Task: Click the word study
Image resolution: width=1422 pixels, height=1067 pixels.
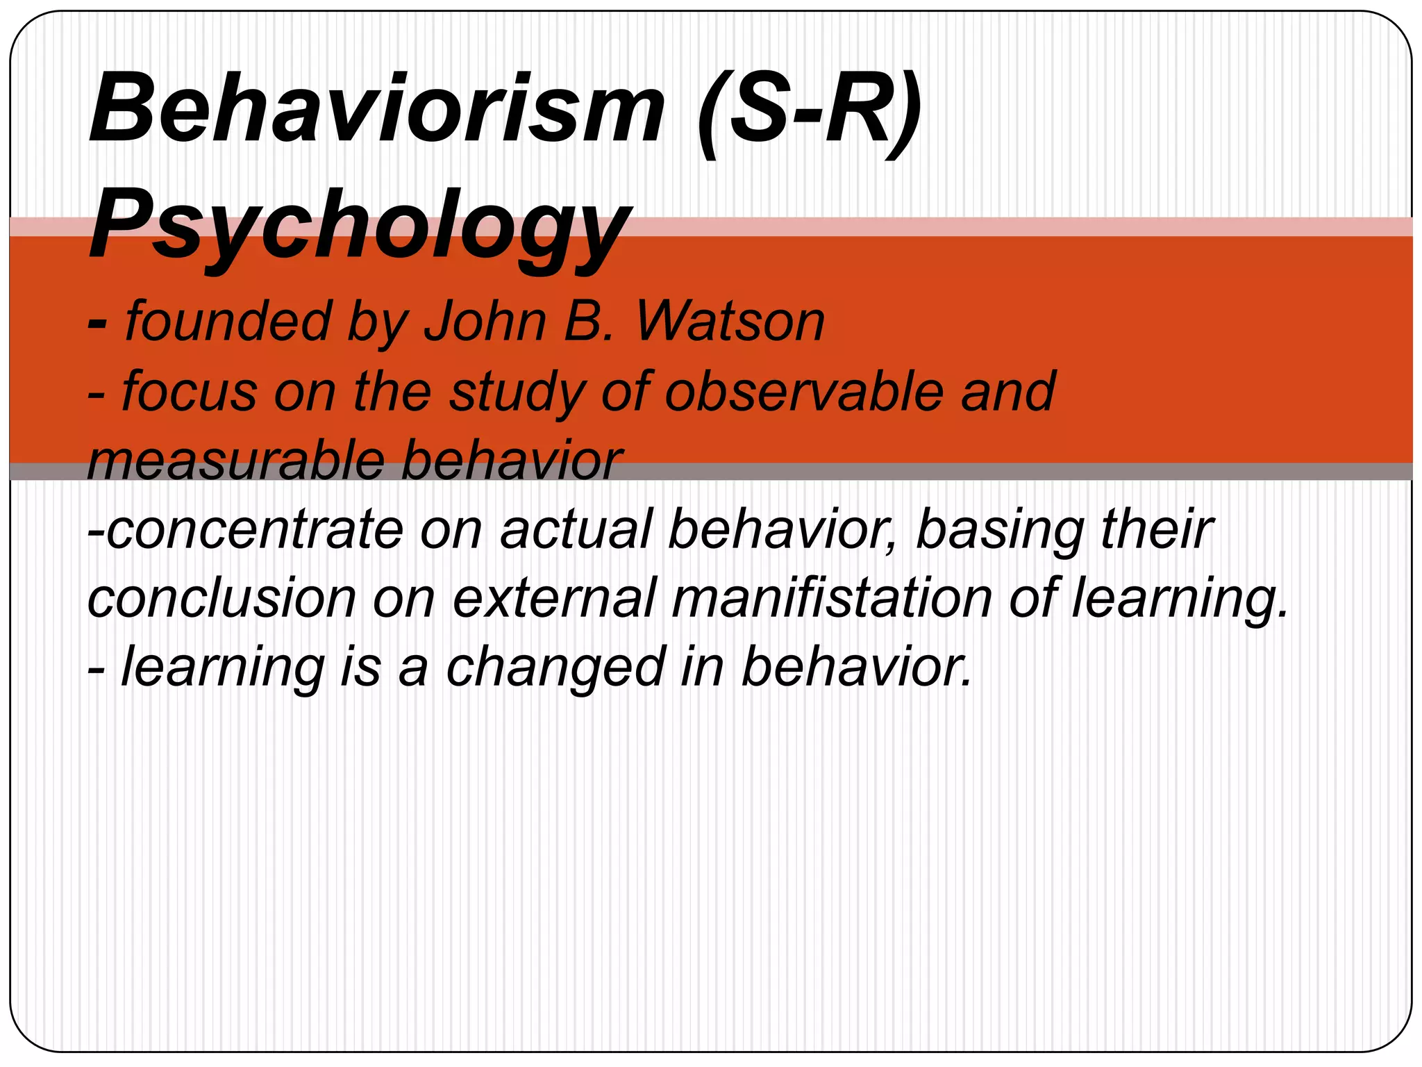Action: pos(517,392)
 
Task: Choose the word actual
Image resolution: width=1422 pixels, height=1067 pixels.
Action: pos(576,529)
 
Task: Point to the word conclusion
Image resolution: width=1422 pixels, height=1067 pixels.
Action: pos(221,598)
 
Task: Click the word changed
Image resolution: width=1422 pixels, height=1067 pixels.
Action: pos(555,667)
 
